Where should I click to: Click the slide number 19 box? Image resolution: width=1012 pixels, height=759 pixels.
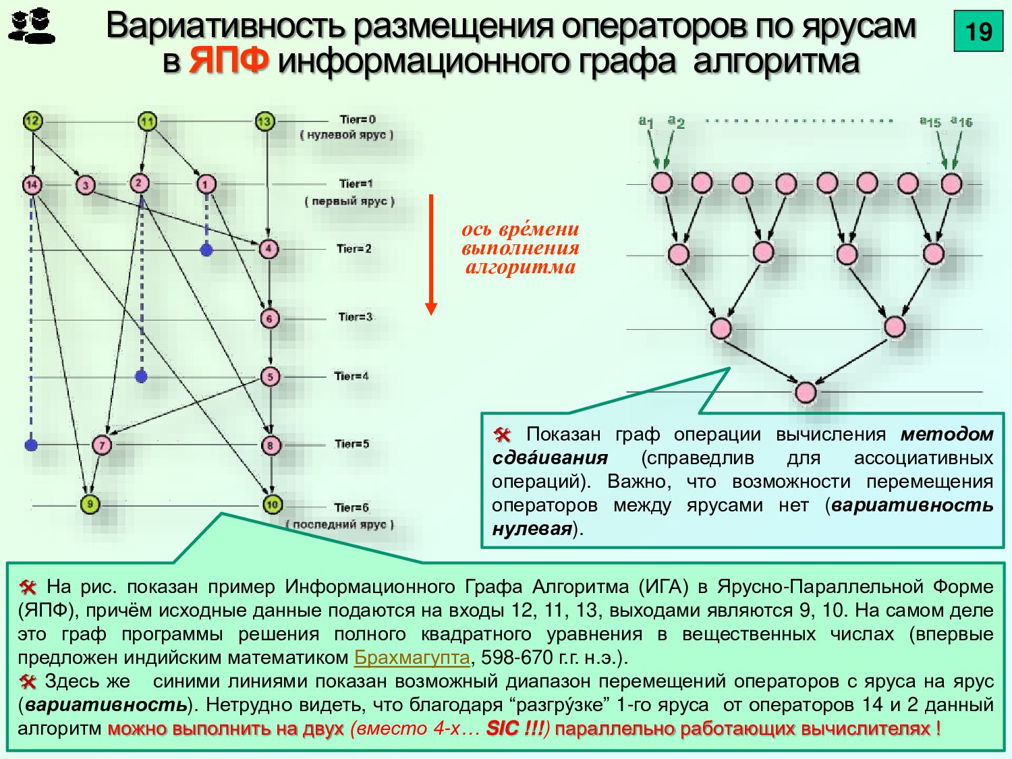pyautogui.click(x=978, y=31)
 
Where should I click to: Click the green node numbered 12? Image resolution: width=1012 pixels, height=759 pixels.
pyautogui.click(x=32, y=121)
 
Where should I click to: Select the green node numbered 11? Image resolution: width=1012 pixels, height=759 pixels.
pyautogui.click(x=147, y=121)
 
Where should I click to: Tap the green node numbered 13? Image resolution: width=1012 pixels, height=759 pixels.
pyautogui.click(x=264, y=121)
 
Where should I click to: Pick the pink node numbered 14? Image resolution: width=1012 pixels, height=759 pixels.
pyautogui.click(x=32, y=185)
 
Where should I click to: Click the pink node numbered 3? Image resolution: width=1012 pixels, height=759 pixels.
pyautogui.click(x=85, y=185)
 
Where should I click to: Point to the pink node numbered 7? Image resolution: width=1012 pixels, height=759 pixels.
pyautogui.click(x=102, y=445)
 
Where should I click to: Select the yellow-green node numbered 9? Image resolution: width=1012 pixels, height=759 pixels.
pyautogui.click(x=90, y=504)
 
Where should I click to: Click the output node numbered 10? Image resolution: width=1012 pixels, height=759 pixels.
pyautogui.click(x=272, y=504)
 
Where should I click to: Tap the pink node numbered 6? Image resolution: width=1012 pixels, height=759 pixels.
pyautogui.click(x=270, y=318)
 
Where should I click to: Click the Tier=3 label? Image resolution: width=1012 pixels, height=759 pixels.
pyautogui.click(x=355, y=316)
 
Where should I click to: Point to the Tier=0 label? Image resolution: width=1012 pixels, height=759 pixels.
pyautogui.click(x=358, y=119)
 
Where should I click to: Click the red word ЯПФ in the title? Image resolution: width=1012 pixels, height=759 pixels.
pyautogui.click(x=229, y=61)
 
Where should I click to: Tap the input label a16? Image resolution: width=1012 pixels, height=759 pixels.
pyautogui.click(x=961, y=121)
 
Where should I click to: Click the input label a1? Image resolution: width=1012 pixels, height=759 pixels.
pyautogui.click(x=646, y=121)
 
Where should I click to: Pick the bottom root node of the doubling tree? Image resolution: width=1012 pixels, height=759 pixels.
pyautogui.click(x=806, y=393)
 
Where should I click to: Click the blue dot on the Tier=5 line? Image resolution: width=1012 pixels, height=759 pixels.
pyautogui.click(x=31, y=445)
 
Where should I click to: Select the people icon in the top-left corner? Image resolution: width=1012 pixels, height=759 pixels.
pyautogui.click(x=32, y=27)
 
